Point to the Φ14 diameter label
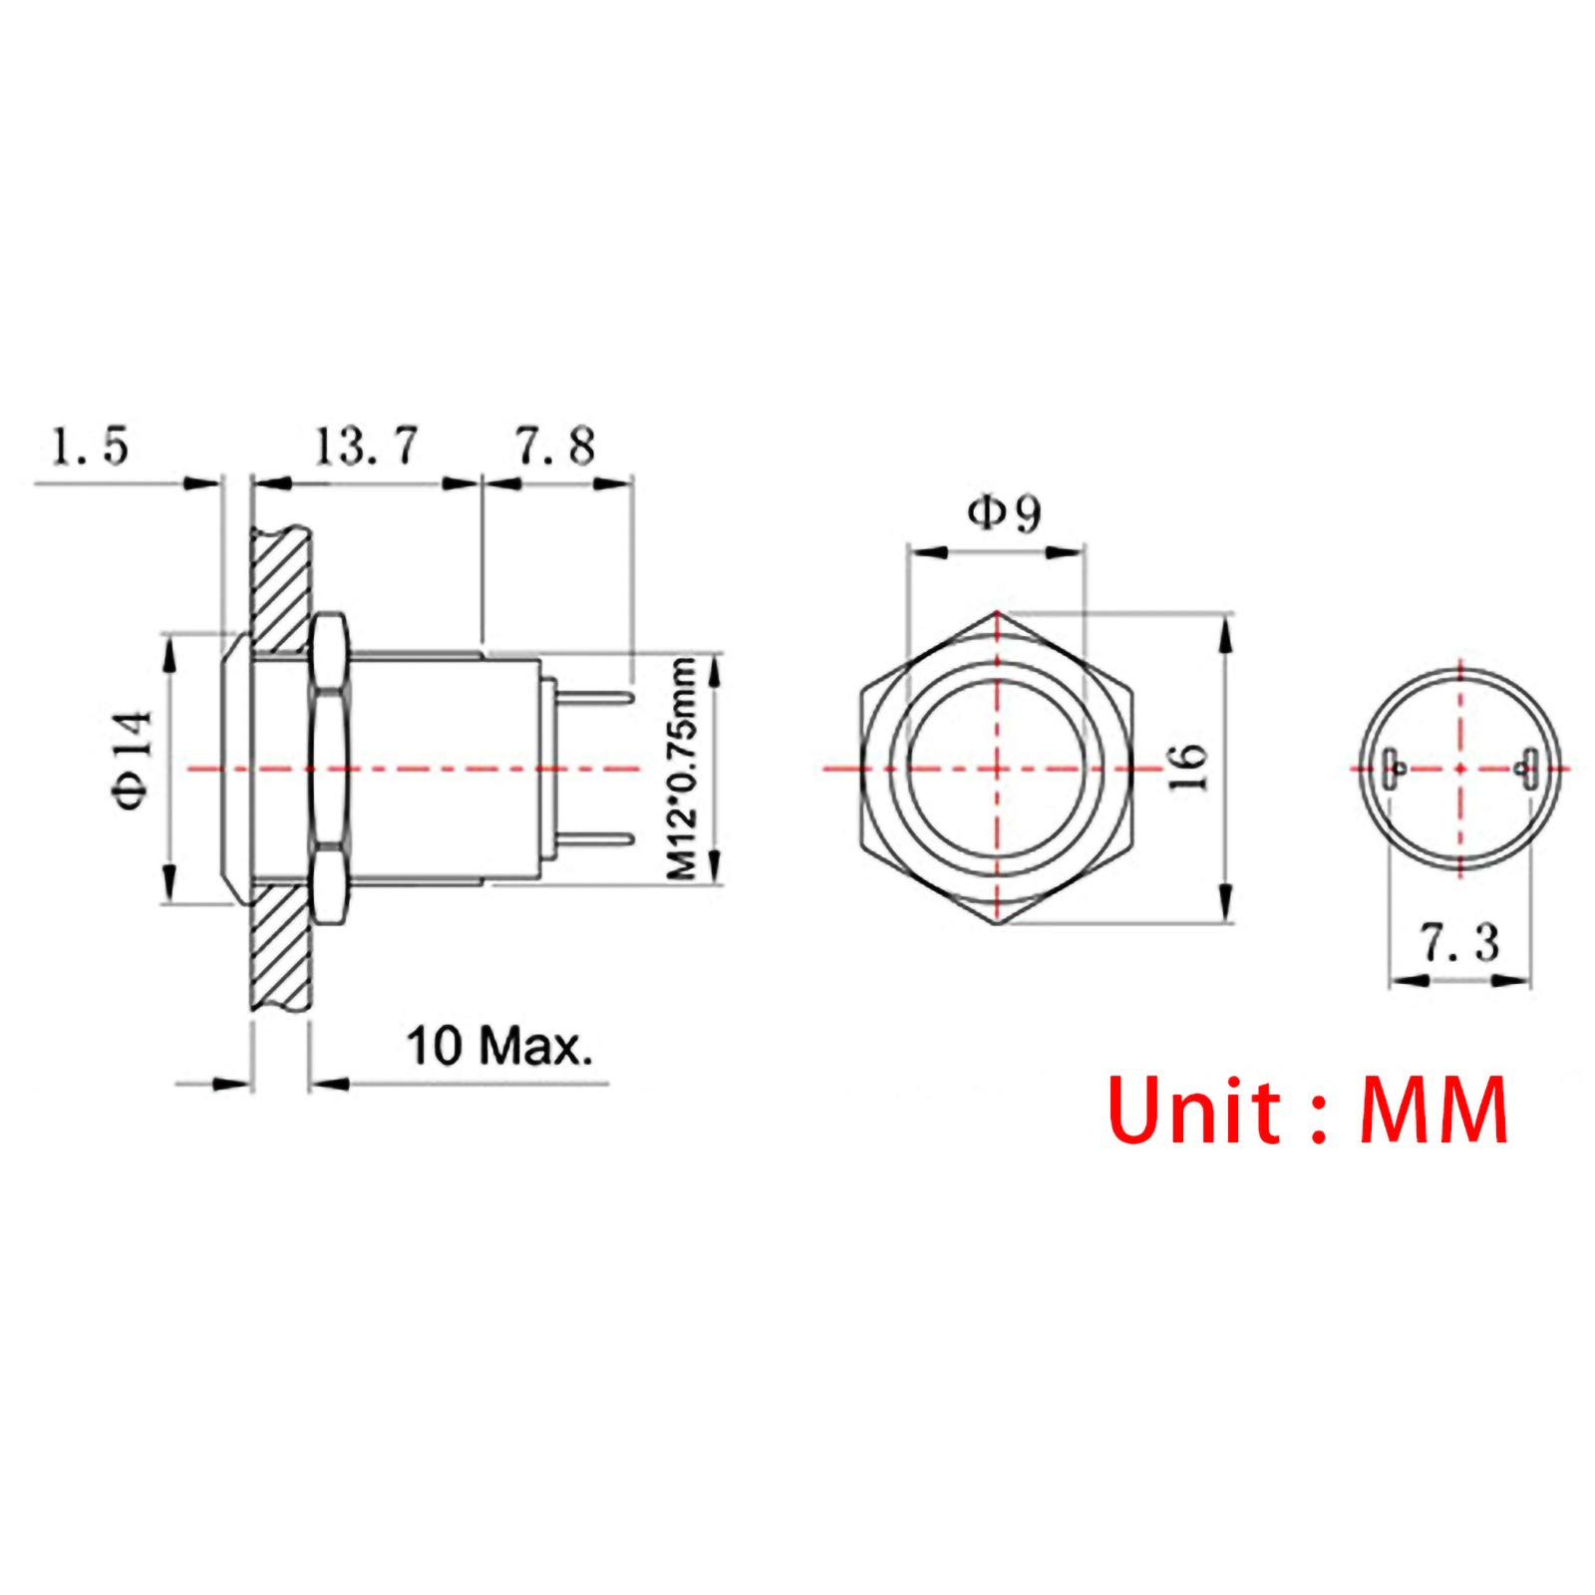133,760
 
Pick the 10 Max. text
498,1046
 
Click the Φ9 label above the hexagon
1003,514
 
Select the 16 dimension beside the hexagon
1188,768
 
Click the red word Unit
1193,1111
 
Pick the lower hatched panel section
280,947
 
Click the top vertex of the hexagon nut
998,612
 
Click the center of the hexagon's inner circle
998,769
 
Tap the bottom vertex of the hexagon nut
998,925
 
